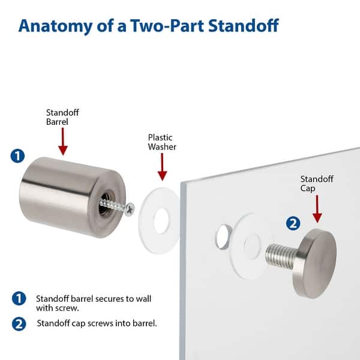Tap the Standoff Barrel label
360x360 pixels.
62,116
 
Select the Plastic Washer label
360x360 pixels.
163,142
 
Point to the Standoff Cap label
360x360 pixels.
317,184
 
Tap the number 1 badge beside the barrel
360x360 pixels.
18,156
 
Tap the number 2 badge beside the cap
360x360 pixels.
293,224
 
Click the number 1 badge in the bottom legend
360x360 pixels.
19,298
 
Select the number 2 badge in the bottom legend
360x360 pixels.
19,323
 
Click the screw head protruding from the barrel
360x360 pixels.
130,209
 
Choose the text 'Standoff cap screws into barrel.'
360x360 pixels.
97,323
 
